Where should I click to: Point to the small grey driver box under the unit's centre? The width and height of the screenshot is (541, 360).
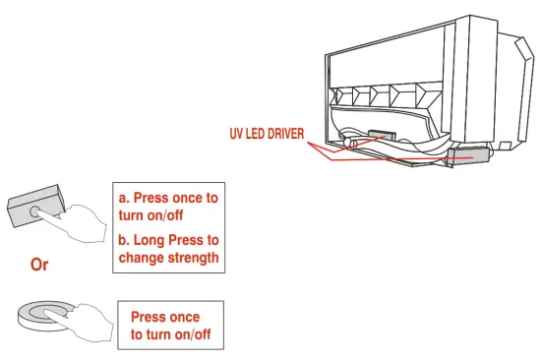pos(380,140)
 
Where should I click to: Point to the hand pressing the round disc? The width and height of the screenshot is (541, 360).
pos(84,321)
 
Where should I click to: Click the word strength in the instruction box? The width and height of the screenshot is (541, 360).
pos(192,258)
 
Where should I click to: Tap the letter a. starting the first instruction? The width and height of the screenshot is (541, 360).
pos(124,198)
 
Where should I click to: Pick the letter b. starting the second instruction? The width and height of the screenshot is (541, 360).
pos(124,239)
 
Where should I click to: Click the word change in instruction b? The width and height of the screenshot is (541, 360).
pos(142,258)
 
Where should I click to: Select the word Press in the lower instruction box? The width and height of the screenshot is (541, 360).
pos(150,317)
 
